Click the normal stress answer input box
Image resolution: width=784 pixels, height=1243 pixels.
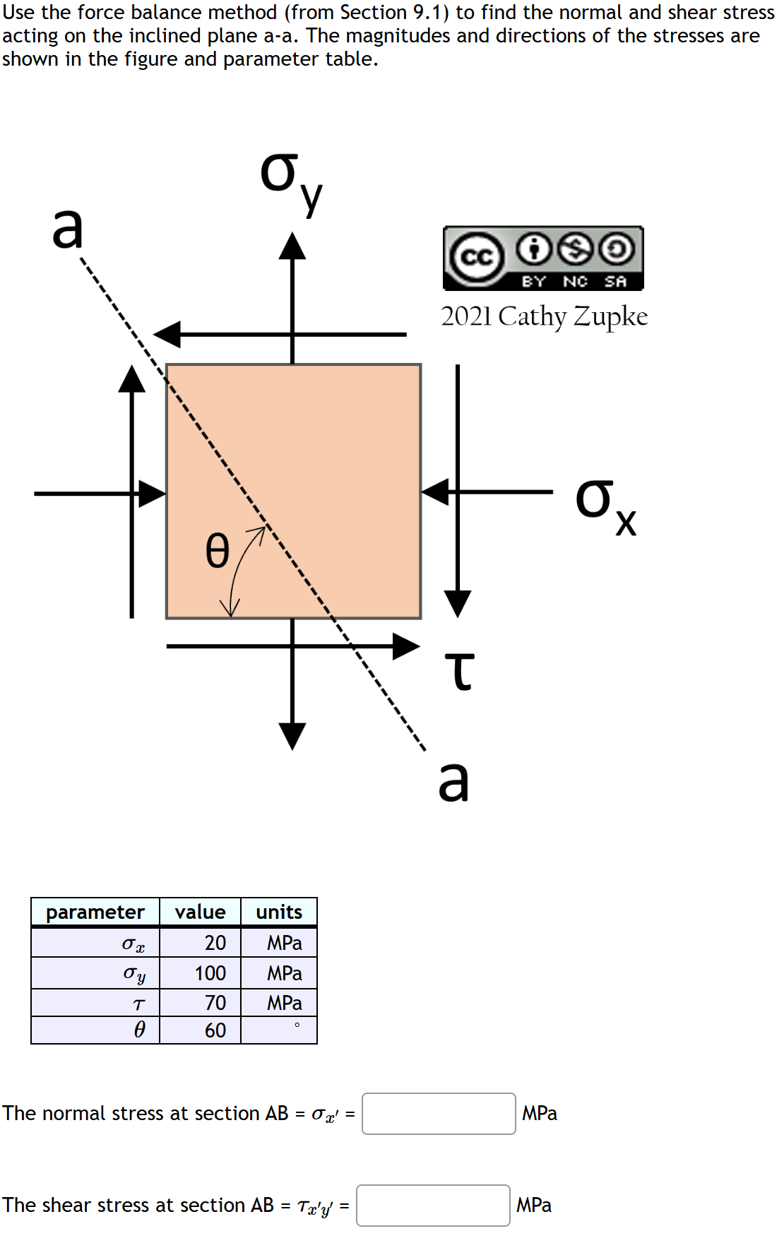[x=439, y=1113]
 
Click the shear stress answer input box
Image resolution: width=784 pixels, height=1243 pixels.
[x=433, y=1205]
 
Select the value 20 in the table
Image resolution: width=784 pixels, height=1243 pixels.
[x=215, y=943]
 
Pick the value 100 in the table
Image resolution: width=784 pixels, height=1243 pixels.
[x=210, y=973]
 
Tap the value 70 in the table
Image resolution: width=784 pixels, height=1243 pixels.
[x=215, y=1003]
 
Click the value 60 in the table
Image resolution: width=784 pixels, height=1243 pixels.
[x=215, y=1030]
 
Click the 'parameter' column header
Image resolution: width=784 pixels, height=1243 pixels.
[x=95, y=912]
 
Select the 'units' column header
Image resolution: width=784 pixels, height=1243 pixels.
[x=279, y=912]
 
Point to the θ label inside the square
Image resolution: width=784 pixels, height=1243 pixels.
[x=218, y=551]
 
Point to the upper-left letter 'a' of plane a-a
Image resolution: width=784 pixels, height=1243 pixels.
[x=68, y=229]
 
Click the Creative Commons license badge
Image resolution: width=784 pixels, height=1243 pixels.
[x=543, y=258]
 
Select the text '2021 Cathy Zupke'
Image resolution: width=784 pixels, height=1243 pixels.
[x=544, y=316]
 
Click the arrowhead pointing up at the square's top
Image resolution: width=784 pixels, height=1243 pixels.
[x=292, y=246]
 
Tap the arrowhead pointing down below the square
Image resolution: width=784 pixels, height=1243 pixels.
[x=292, y=735]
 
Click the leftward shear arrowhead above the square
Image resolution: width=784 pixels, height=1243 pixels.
[x=168, y=334]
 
